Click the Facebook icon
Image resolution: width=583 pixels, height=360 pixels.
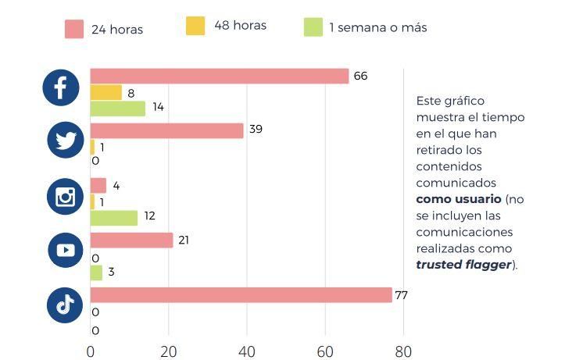pos(61,87)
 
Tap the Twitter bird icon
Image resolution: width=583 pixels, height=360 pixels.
pos(66,141)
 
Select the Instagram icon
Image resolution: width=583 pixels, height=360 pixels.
pos(66,196)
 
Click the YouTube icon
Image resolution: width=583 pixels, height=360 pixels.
pos(66,250)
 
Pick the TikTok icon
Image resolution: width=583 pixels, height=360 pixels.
pos(66,305)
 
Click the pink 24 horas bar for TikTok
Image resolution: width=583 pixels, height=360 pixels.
pos(241,295)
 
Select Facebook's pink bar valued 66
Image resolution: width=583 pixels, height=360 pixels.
pos(219,76)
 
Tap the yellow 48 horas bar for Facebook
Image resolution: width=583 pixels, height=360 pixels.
pos(106,92)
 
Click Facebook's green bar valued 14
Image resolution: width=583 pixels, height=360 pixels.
pos(118,109)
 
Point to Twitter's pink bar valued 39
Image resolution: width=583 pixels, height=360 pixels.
pos(166,130)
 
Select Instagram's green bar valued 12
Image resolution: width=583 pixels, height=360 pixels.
pos(114,218)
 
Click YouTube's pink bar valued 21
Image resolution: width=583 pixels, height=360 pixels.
pos(131,241)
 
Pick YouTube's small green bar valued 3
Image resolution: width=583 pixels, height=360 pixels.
pos(96,273)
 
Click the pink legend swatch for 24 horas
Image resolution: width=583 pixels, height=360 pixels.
pos(74,29)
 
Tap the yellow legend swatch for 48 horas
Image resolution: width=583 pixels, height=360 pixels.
pos(195,26)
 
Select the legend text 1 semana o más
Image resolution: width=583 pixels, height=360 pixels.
pos(377,28)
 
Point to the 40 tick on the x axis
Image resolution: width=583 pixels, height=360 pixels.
pos(247,351)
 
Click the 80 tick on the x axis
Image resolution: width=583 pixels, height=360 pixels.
pos(402,351)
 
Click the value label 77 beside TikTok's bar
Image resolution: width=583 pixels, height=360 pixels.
pos(402,295)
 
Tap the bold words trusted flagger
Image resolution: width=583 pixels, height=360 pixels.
pos(463,265)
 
